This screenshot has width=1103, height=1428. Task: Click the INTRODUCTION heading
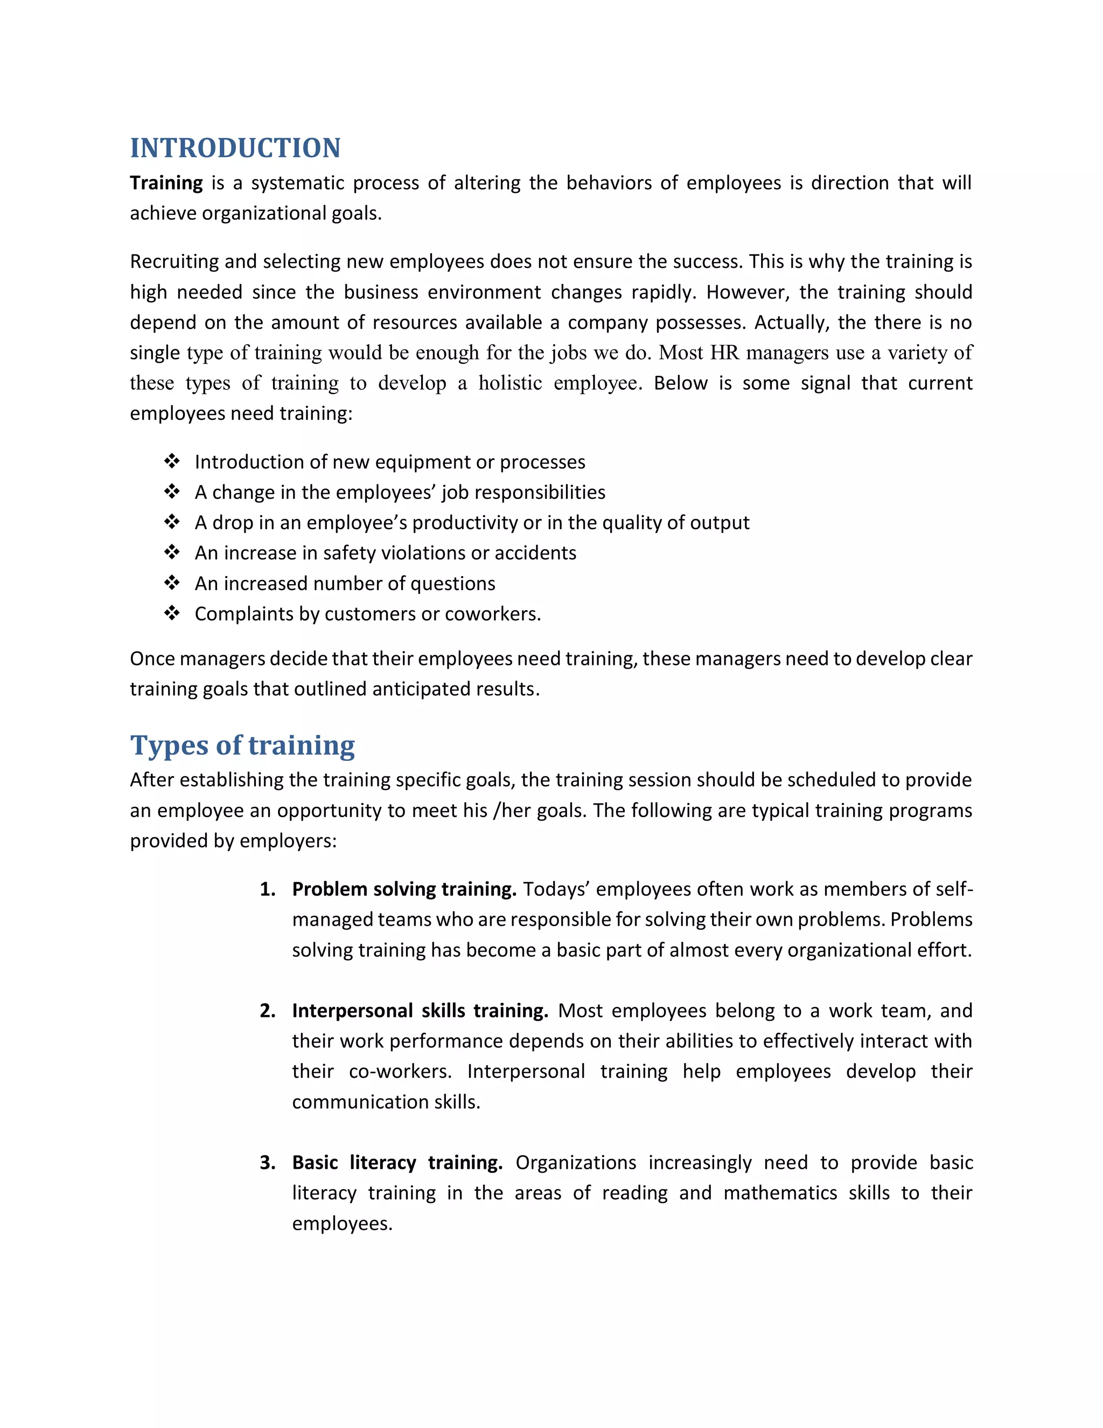pos(235,148)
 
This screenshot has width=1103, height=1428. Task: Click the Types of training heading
pos(242,745)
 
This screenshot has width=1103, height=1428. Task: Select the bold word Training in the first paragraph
pos(166,183)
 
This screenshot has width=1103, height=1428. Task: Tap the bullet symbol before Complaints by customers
pos(172,613)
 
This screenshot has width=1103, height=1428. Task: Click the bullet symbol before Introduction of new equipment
pos(172,462)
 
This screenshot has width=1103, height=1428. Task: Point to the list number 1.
pos(267,889)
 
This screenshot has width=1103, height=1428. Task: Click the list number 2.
pos(267,1011)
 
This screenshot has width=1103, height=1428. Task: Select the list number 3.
pos(267,1162)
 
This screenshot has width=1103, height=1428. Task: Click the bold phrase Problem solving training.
pos(404,889)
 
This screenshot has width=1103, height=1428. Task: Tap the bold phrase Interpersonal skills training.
pos(420,1011)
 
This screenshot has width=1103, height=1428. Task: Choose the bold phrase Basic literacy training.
pos(396,1162)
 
